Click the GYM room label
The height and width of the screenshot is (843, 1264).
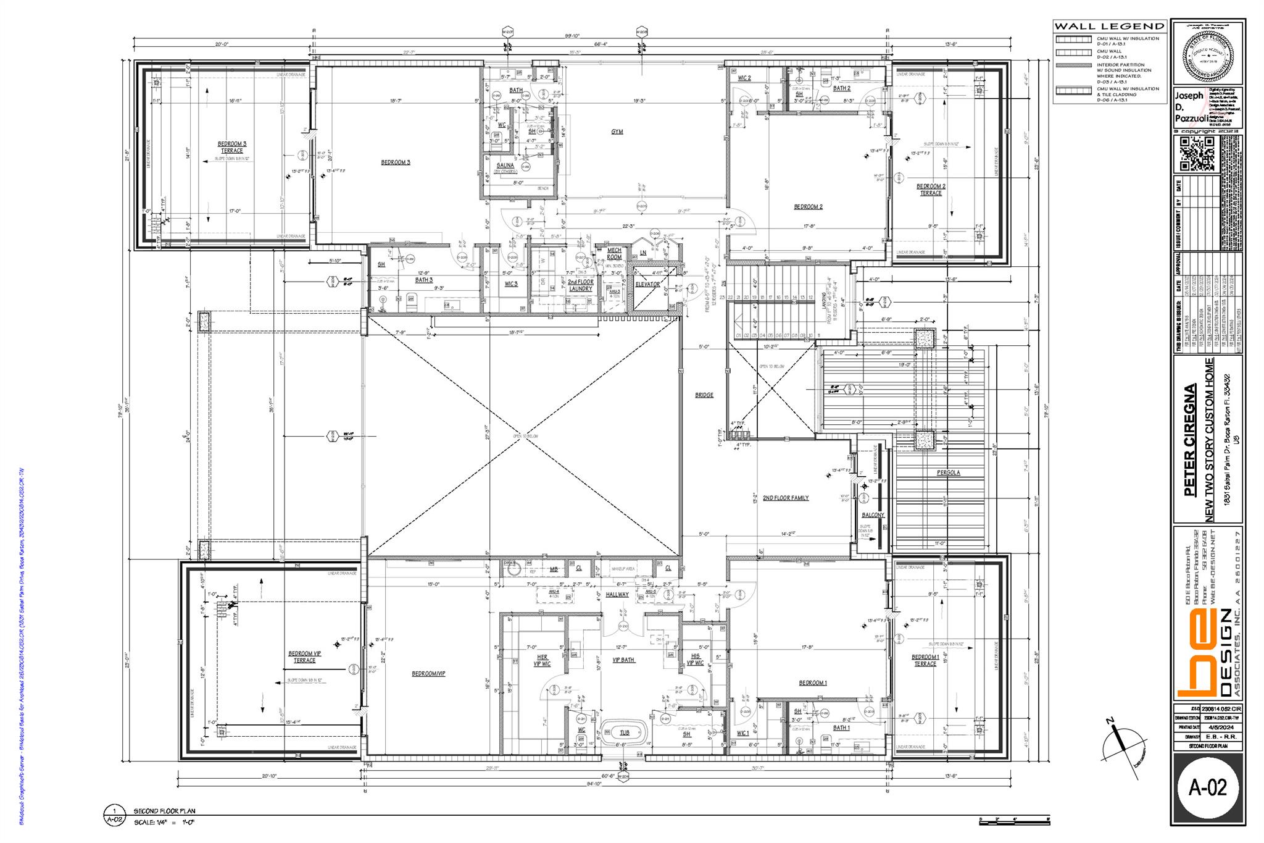click(x=617, y=132)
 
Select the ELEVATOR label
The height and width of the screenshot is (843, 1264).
click(x=647, y=285)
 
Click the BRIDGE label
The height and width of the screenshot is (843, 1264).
click(x=704, y=395)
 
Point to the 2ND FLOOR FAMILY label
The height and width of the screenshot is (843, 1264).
click(x=785, y=498)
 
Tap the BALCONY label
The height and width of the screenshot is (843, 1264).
click(x=873, y=515)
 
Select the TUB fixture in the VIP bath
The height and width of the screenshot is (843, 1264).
click(x=625, y=732)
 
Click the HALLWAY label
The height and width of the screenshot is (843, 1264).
click(x=617, y=595)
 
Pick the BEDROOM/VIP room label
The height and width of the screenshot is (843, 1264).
click(x=428, y=674)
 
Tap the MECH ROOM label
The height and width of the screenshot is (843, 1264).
click(x=614, y=254)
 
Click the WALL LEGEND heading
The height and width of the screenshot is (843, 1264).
click(x=1109, y=27)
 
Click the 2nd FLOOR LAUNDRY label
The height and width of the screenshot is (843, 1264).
click(x=580, y=285)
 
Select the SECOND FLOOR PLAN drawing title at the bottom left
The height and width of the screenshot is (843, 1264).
click(x=165, y=811)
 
